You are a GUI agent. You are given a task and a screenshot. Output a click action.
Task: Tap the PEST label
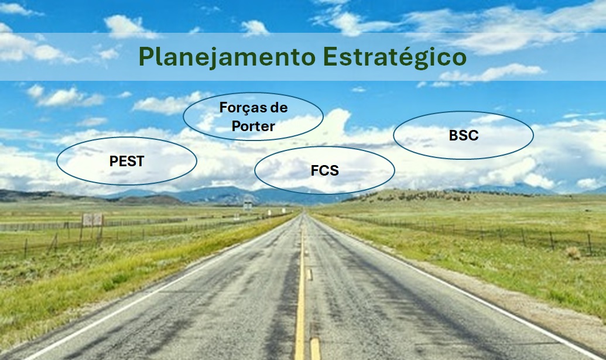(127, 161)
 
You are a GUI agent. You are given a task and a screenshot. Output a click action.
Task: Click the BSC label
(463, 135)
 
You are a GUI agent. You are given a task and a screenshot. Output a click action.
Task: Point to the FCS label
(324, 170)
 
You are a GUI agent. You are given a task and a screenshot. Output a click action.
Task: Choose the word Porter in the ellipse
(253, 126)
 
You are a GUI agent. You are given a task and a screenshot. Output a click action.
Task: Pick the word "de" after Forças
(279, 107)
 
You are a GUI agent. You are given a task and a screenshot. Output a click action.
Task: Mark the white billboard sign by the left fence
(93, 220)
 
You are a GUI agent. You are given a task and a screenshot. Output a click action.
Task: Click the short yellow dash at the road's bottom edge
(316, 349)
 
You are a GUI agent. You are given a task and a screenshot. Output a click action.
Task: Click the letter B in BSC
(454, 135)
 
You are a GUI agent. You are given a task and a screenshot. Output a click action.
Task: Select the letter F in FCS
(315, 170)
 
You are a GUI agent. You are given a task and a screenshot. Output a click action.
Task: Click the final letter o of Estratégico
(460, 59)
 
